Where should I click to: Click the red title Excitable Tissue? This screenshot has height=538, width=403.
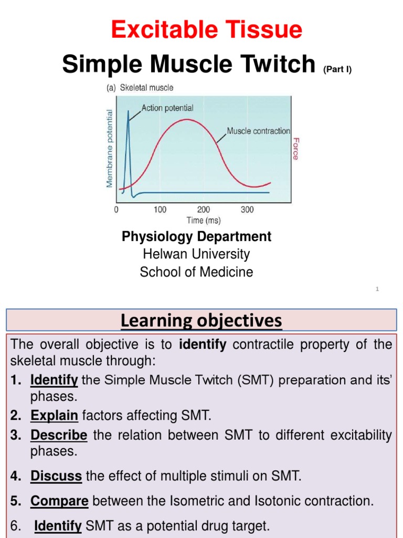pyautogui.click(x=206, y=30)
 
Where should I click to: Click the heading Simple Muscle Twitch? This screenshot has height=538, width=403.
pyautogui.click(x=188, y=65)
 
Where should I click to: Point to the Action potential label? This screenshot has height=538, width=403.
pyautogui.click(x=167, y=108)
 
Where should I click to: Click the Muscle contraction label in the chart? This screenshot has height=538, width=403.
pyautogui.click(x=258, y=131)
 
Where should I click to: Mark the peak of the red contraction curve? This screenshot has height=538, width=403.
pyautogui.click(x=185, y=120)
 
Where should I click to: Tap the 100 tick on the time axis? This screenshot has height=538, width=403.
pyautogui.click(x=160, y=210)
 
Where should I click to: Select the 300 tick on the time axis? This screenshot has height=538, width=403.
pyautogui.click(x=247, y=210)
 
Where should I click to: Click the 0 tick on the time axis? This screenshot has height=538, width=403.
pyautogui.click(x=116, y=210)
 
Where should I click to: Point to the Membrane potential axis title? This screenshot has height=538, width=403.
pyautogui.click(x=110, y=148)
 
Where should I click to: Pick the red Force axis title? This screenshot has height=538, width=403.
pyautogui.click(x=296, y=149)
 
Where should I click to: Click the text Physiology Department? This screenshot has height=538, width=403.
pyautogui.click(x=196, y=236)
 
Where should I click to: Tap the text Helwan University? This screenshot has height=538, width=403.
pyautogui.click(x=196, y=254)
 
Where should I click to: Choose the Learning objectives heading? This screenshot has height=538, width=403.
pyautogui.click(x=201, y=320)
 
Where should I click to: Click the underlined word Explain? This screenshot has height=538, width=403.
pyautogui.click(x=54, y=416)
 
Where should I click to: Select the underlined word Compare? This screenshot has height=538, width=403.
pyautogui.click(x=59, y=501)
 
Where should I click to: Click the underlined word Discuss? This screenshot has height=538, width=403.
pyautogui.click(x=56, y=477)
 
